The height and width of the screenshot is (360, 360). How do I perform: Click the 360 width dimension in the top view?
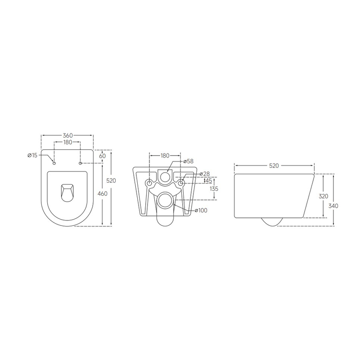tap(67, 135)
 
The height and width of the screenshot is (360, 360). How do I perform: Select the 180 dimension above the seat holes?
tap(67, 143)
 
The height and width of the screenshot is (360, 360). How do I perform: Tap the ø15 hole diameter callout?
tap(32, 155)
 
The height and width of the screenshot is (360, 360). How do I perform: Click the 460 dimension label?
tap(103, 193)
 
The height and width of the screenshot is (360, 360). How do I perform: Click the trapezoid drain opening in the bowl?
tap(67, 192)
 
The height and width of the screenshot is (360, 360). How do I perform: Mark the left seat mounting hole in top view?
tap(54, 163)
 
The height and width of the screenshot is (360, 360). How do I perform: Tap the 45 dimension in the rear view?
tap(208, 181)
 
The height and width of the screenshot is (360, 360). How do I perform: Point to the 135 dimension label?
tap(214, 189)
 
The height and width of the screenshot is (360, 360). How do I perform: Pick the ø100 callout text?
tap(201, 210)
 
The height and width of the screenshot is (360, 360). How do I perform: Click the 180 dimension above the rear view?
tap(165, 156)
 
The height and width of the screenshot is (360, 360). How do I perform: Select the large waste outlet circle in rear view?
tap(165, 199)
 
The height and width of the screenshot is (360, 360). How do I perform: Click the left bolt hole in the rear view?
tap(149, 183)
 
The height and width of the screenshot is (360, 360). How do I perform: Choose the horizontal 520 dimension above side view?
tap(274, 166)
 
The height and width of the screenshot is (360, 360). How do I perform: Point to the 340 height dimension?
tap(333, 206)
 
